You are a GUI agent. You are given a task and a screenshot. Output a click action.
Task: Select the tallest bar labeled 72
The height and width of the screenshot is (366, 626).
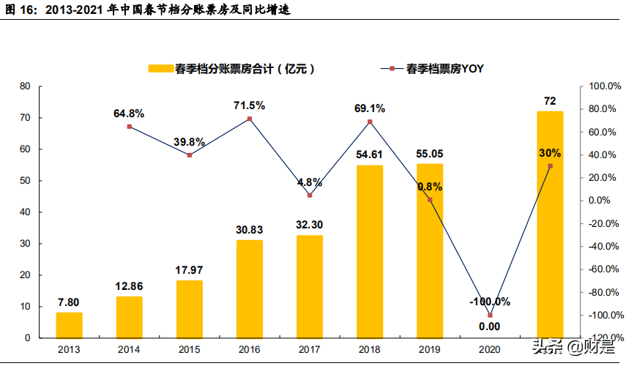click(x=550, y=224)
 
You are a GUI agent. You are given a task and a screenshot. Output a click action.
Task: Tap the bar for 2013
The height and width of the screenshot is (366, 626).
click(x=70, y=325)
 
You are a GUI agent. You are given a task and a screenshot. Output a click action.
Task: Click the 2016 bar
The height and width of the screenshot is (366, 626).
click(x=250, y=288)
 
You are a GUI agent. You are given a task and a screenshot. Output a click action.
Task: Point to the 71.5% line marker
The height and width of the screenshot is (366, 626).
click(x=250, y=119)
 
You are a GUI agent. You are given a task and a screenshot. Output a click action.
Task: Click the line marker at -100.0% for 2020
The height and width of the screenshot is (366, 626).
click(x=490, y=315)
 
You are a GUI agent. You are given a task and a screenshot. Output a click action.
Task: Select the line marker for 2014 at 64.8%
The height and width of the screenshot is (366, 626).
click(x=130, y=127)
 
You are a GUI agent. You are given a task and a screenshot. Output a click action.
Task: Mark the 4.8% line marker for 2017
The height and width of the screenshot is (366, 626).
click(x=310, y=195)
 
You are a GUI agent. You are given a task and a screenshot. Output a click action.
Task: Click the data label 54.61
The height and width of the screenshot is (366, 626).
click(x=370, y=154)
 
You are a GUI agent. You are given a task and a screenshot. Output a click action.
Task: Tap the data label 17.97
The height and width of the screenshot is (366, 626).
click(x=189, y=270)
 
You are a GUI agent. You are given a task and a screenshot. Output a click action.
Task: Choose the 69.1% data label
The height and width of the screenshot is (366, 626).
click(x=370, y=108)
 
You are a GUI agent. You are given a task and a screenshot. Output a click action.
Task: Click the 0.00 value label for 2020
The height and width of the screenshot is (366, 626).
click(x=489, y=326)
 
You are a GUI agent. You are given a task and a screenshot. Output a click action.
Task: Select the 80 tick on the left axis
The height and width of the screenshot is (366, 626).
click(x=25, y=86)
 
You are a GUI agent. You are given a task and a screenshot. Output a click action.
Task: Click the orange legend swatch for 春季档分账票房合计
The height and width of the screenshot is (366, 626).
click(x=160, y=69)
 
